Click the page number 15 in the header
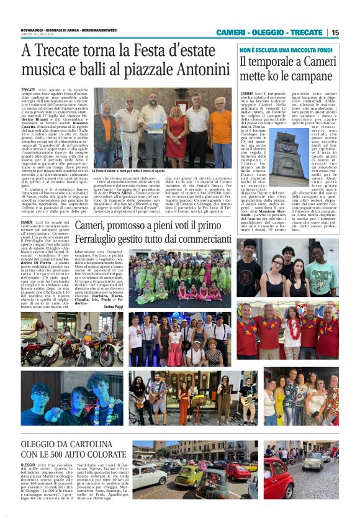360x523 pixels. point(335,32)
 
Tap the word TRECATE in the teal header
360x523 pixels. point(305,32)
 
